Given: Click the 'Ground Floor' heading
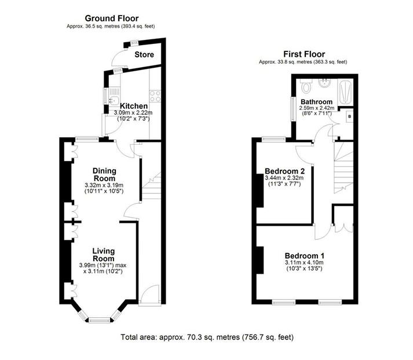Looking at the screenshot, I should [x=112, y=19].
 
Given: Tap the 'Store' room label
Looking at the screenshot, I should [x=144, y=55].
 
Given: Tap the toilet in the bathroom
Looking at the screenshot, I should [x=306, y=87].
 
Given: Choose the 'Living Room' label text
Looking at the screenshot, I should [x=104, y=255].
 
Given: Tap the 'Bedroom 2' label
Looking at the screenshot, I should [x=284, y=171].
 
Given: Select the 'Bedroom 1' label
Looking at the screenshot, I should [x=304, y=256].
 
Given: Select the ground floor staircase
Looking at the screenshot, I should [x=152, y=185].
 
